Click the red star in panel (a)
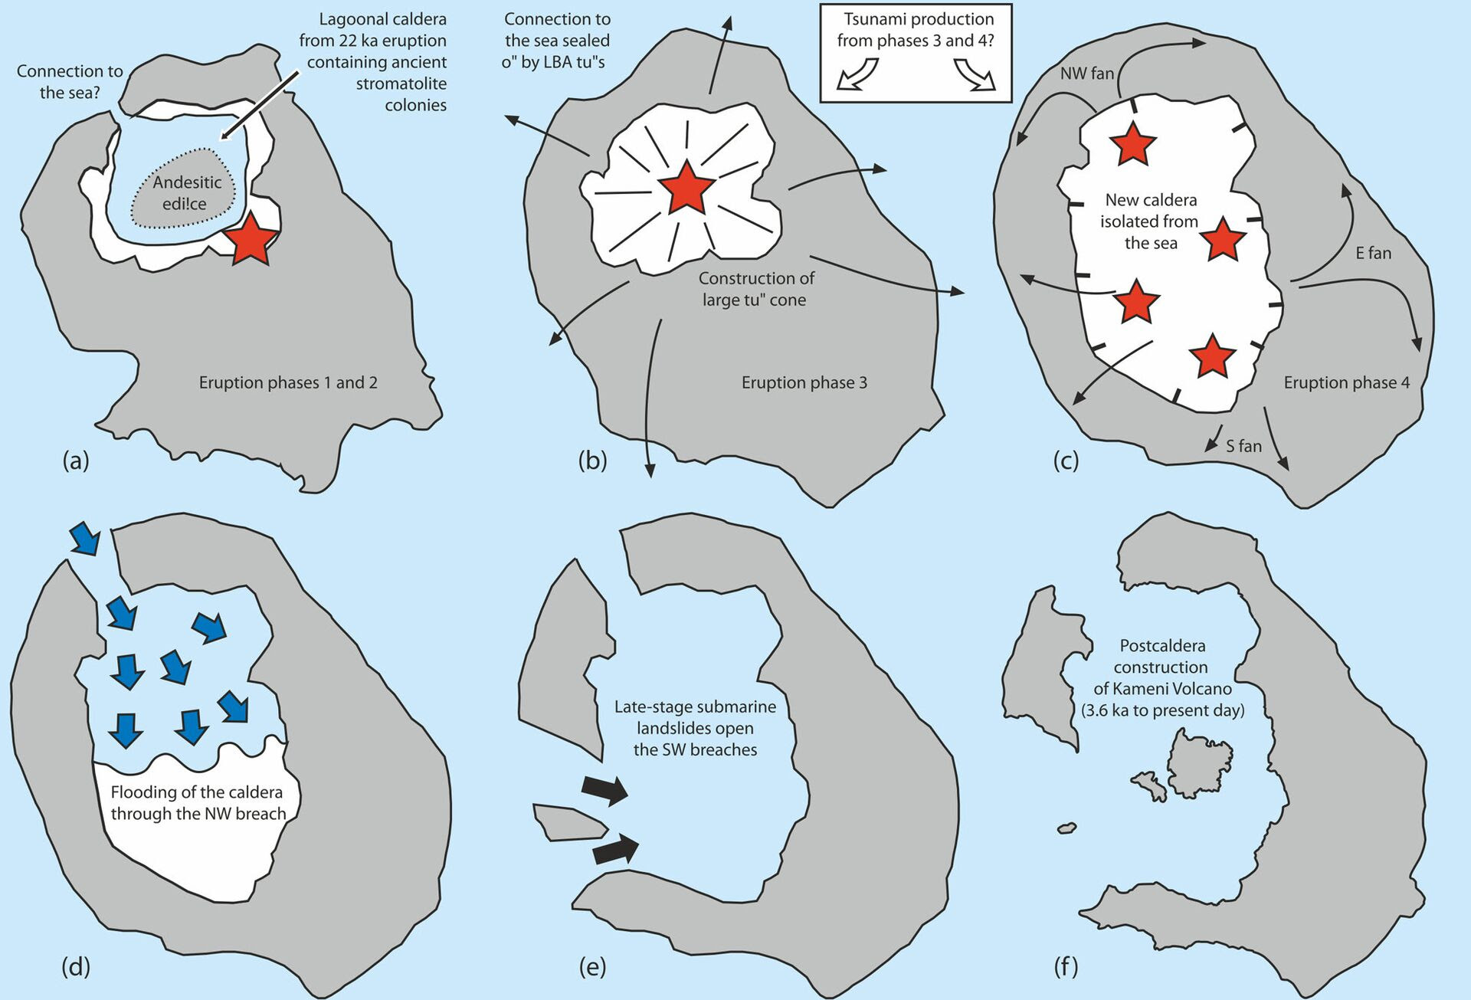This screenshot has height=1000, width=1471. point(251,238)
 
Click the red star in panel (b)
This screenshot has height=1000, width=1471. point(686,189)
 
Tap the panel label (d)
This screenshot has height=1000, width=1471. point(76,966)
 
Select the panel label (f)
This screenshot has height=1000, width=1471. point(1066,966)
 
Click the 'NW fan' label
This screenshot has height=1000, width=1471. point(1086,74)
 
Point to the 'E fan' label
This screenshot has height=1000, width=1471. point(1373,253)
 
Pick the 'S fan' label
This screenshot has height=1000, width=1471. point(1243,446)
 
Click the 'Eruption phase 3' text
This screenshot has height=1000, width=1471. point(804,382)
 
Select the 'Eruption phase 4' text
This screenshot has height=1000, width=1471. point(1346,382)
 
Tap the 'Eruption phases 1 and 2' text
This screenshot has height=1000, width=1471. point(288,382)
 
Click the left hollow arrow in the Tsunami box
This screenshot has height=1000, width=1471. point(857,74)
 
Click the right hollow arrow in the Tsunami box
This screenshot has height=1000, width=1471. point(975,74)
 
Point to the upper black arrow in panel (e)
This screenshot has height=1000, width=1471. point(605,789)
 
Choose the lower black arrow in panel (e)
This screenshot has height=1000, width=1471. point(616,849)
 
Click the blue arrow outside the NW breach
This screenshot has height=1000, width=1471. point(84,537)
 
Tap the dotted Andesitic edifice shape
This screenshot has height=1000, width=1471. point(184,189)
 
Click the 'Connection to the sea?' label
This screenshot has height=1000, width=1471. point(70,82)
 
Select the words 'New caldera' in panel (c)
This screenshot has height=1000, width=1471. point(1151,200)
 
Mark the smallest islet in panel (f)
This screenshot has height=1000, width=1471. point(1066,828)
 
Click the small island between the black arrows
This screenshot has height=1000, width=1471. point(570,823)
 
